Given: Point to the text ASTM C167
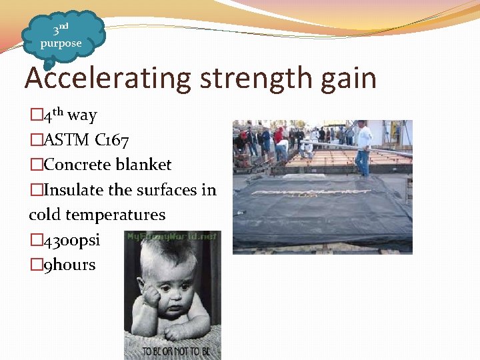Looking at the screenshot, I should (86, 140).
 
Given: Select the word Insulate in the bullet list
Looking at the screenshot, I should (73, 190).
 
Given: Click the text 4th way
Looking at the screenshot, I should (69, 115).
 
